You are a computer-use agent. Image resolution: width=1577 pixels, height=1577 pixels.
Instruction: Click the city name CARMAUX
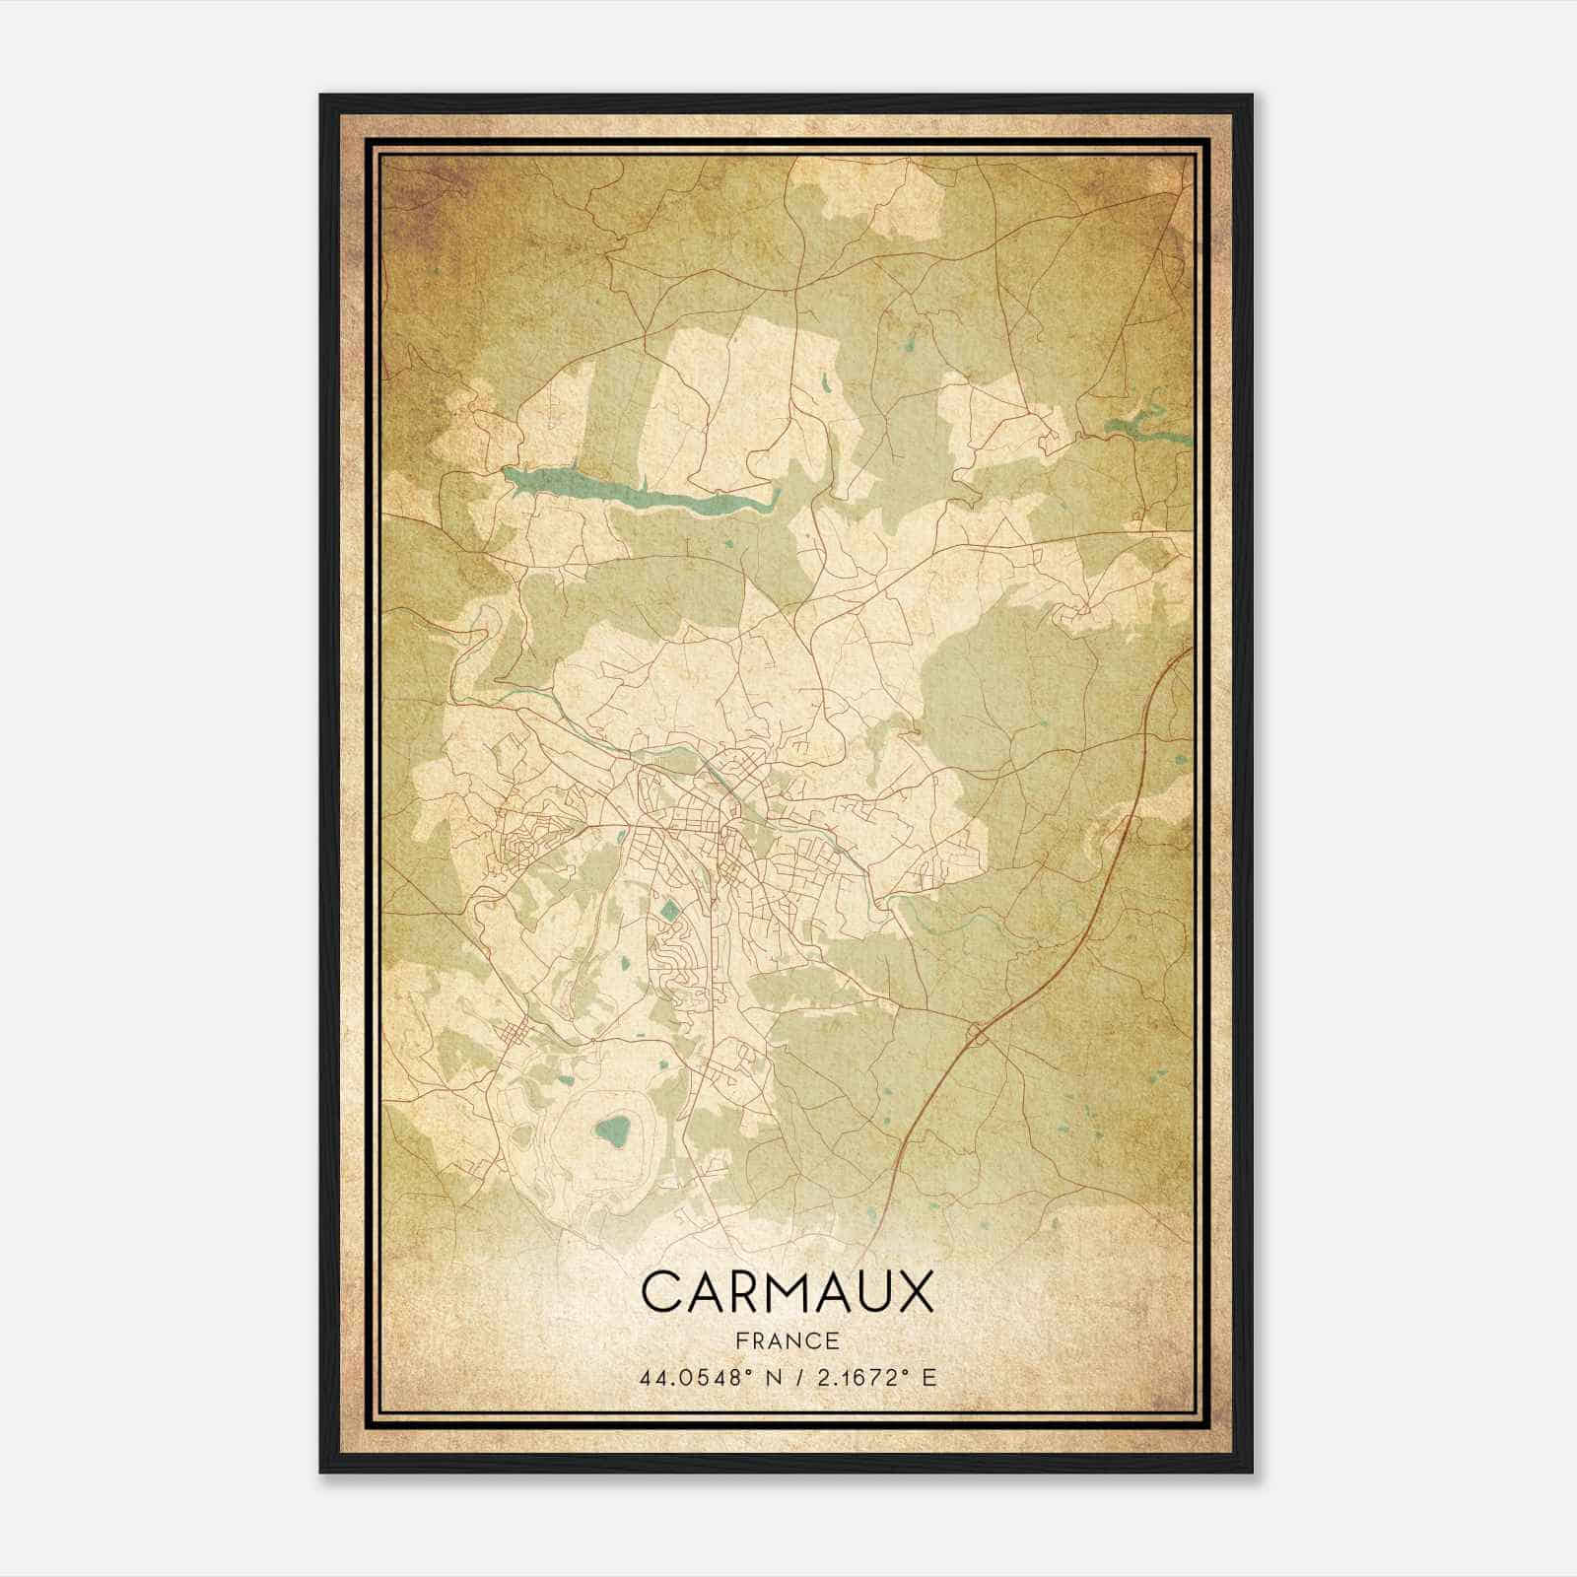click(788, 1292)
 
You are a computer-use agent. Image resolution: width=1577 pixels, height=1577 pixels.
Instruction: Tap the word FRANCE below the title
click(788, 1340)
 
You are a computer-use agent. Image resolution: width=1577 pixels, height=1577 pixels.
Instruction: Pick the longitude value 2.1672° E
click(871, 1377)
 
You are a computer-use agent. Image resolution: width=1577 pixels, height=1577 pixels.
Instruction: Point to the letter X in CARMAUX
click(914, 1292)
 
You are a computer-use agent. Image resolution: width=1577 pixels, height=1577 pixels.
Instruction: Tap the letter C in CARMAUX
click(662, 1292)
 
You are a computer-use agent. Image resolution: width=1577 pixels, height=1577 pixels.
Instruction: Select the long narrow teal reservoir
click(641, 494)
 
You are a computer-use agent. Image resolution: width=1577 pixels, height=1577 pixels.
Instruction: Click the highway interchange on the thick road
click(978, 1033)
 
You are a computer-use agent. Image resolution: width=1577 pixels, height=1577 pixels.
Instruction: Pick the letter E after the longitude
click(929, 1377)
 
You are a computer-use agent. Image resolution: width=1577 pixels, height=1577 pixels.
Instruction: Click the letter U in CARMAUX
click(871, 1292)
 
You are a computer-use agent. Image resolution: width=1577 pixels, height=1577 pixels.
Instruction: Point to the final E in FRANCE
click(833, 1340)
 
